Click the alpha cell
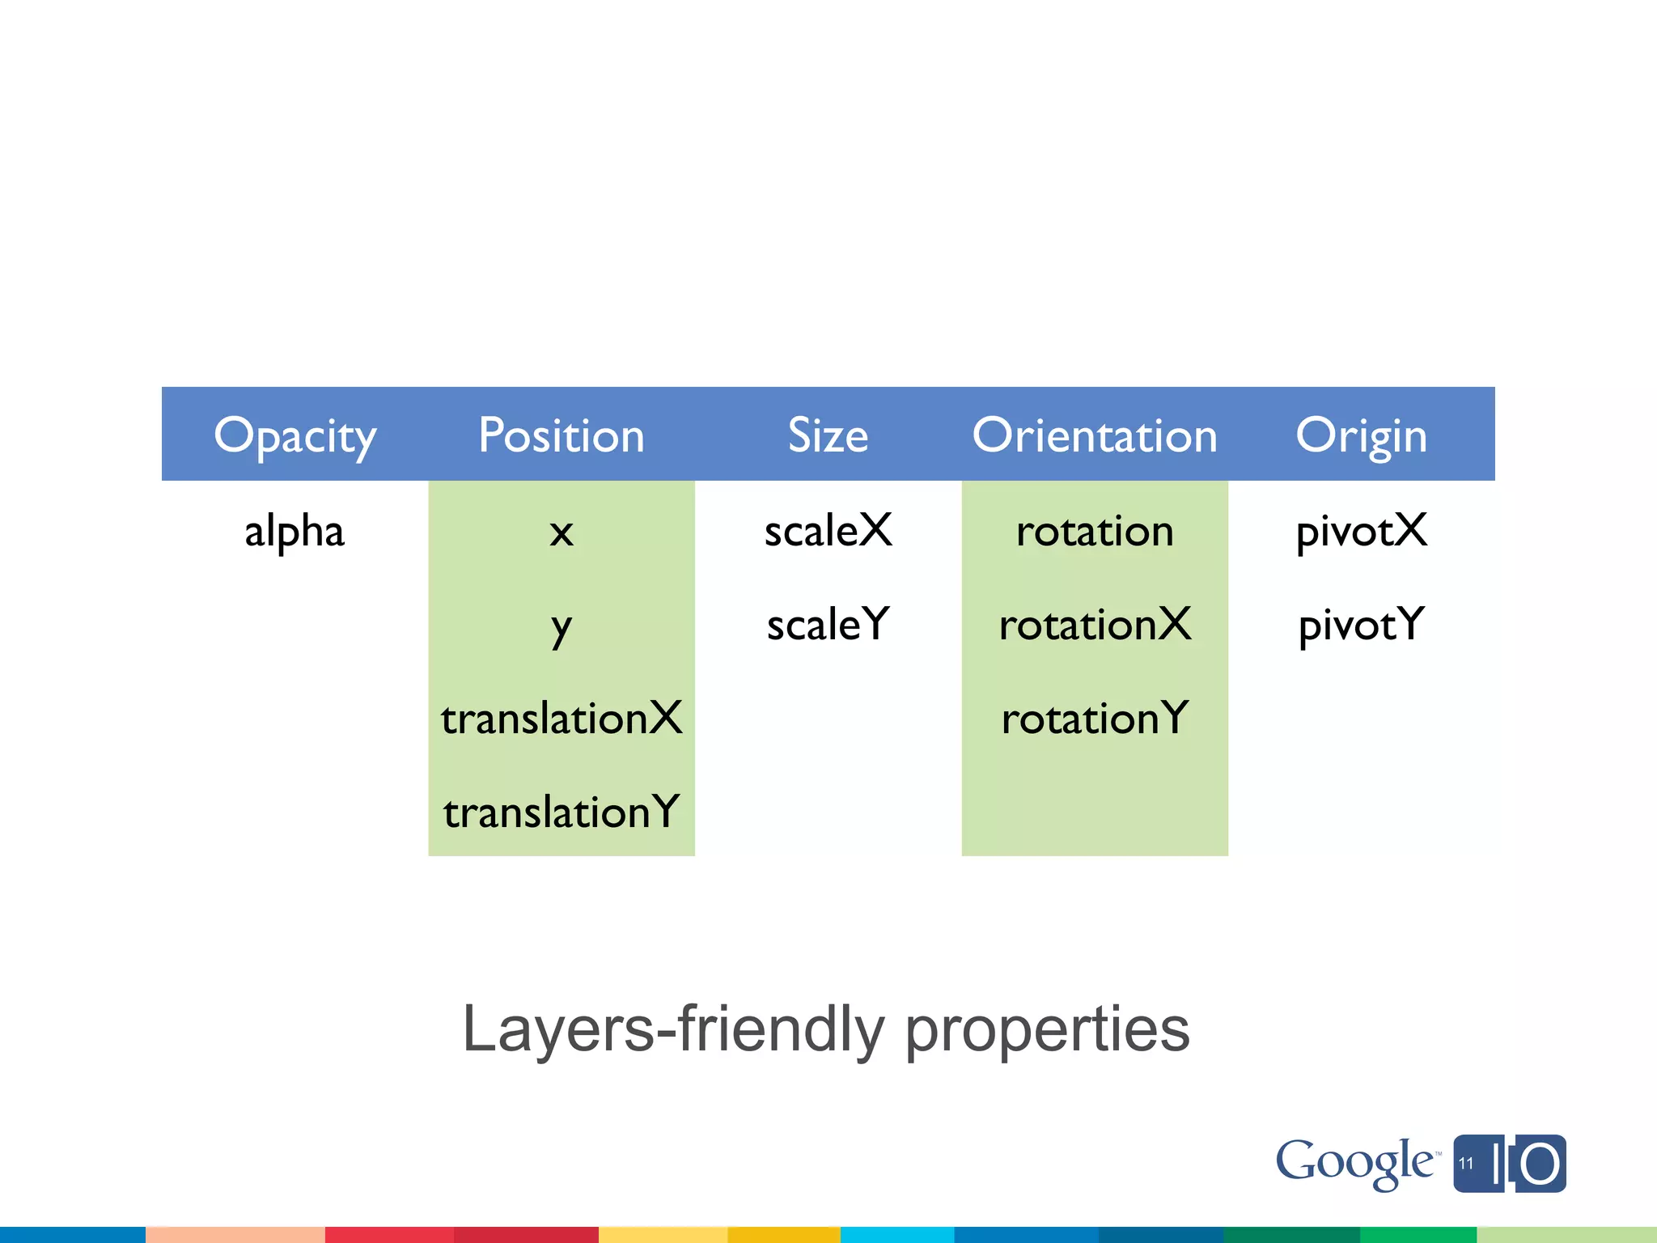pos(295,532)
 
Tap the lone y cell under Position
pos(562,626)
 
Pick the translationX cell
pos(562,719)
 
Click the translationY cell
pos(562,812)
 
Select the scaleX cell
pos(828,532)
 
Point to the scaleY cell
pos(828,625)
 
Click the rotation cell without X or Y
pos(1095,532)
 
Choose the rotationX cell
pos(1095,625)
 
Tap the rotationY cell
pos(1095,719)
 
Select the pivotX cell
pos(1361,532)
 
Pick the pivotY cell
pos(1361,625)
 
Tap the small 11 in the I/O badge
pos(1466,1164)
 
